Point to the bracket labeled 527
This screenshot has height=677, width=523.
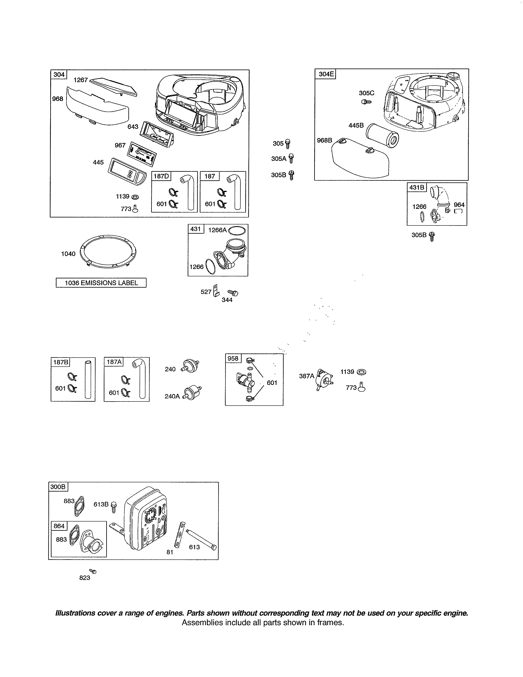[216, 290]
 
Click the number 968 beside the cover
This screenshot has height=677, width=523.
[58, 99]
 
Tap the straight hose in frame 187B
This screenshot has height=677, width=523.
[88, 379]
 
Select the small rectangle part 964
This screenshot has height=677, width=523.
[458, 211]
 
